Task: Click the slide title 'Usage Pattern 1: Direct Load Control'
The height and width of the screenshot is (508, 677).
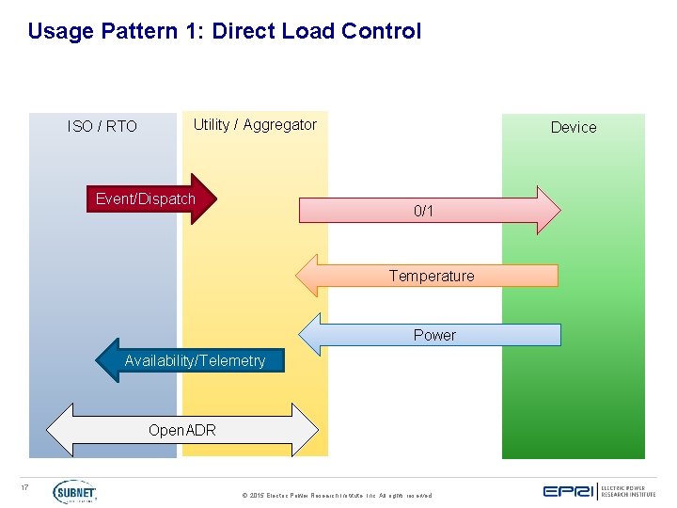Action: [225, 31]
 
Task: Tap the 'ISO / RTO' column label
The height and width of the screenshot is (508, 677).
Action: [102, 126]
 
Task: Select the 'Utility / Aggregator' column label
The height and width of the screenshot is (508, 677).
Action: [255, 124]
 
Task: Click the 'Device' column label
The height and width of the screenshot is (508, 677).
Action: [574, 127]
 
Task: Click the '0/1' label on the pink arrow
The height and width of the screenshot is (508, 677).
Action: [424, 211]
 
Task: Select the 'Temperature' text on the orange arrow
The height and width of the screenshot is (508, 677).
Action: [432, 276]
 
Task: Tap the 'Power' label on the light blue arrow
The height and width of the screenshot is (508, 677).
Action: [434, 335]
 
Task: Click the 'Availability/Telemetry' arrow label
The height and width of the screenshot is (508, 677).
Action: [195, 360]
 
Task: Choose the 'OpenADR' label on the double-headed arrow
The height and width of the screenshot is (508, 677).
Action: [182, 430]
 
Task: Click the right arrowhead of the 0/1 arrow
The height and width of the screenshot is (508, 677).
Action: [548, 210]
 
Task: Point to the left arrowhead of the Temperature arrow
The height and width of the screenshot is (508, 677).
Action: [308, 276]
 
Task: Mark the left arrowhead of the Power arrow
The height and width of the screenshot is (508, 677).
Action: [310, 335]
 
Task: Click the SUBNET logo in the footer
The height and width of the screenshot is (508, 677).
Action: [74, 492]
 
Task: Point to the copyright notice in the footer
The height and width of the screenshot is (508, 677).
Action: [337, 495]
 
